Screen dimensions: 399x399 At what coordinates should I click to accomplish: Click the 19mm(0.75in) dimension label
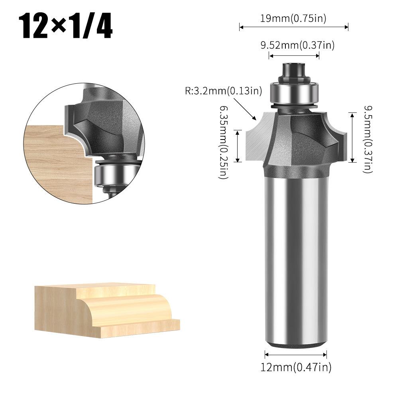click(x=293, y=18)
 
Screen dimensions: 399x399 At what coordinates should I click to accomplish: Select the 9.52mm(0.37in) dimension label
click(x=297, y=45)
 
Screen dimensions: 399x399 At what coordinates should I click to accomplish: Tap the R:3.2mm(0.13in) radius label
click(x=224, y=91)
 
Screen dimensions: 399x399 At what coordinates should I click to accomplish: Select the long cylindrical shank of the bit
click(x=296, y=259)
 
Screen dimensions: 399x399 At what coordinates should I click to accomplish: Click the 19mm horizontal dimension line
click(x=294, y=27)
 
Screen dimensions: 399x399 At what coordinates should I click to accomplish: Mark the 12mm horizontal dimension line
click(x=296, y=354)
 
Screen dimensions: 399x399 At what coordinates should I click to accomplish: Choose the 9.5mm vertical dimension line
click(x=352, y=138)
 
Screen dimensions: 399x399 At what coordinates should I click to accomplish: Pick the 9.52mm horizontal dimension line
click(x=294, y=56)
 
